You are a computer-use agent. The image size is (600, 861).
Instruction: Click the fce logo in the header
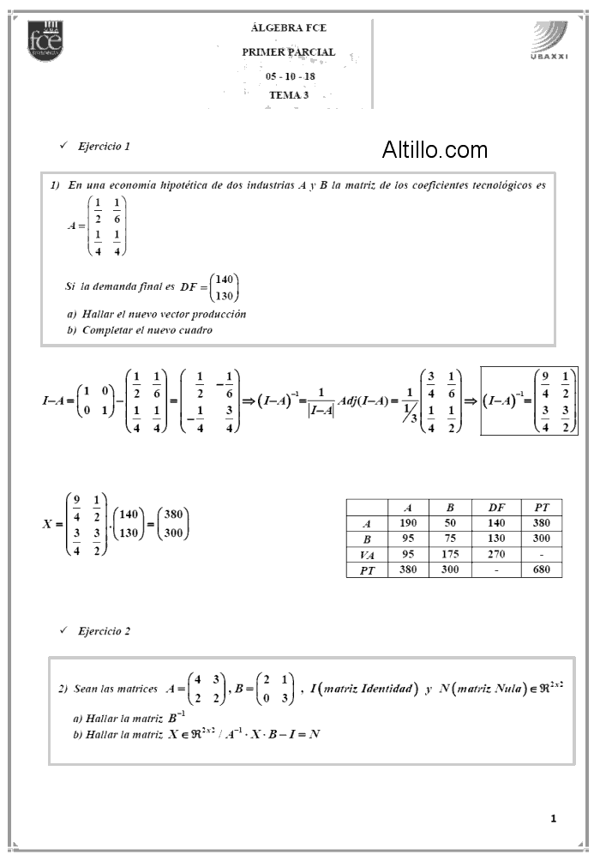(x=44, y=38)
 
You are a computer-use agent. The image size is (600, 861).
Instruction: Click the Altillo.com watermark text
(x=435, y=150)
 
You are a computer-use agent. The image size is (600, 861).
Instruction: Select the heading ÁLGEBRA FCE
(x=289, y=28)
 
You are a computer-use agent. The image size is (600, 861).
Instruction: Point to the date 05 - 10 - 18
(x=290, y=76)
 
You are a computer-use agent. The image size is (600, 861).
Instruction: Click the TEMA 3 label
(x=289, y=95)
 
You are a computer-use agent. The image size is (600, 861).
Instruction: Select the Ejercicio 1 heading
(x=104, y=147)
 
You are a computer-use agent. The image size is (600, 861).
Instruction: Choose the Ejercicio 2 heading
(x=104, y=631)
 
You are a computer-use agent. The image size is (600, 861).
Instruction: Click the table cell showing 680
(x=541, y=569)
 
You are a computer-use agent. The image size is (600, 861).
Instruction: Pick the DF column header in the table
(x=495, y=508)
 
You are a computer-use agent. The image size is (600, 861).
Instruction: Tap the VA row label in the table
(x=367, y=554)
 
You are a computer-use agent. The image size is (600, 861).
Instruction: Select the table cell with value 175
(x=450, y=554)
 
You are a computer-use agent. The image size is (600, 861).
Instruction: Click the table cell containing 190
(x=408, y=523)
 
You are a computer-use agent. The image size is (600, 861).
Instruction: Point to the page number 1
(x=554, y=818)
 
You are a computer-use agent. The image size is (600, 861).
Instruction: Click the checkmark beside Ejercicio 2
(x=63, y=630)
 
